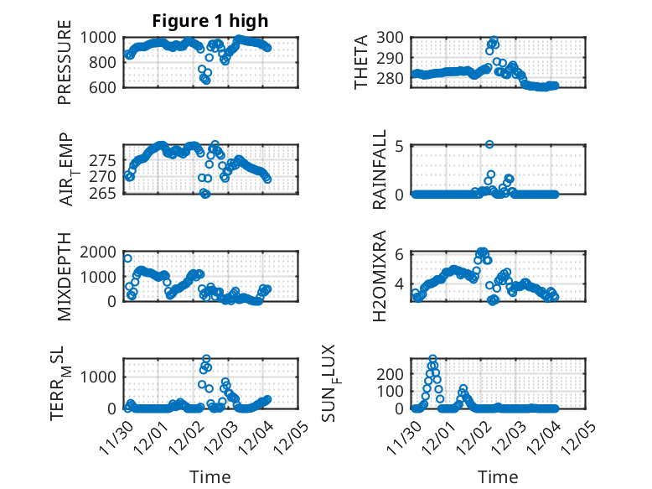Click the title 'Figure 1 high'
pyautogui.click(x=210, y=22)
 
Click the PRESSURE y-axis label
pyautogui.click(x=65, y=68)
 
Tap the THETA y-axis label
pyautogui.click(x=361, y=62)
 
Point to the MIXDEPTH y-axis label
pyautogui.click(x=65, y=277)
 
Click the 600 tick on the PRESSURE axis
pyautogui.click(x=105, y=86)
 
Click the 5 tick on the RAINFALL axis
pyautogui.click(x=400, y=146)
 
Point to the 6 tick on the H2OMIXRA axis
pyautogui.click(x=400, y=254)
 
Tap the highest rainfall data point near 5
pyautogui.click(x=489, y=144)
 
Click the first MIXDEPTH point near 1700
pyautogui.click(x=127, y=258)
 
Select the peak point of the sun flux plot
pyautogui.click(x=432, y=359)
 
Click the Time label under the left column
pyautogui.click(x=210, y=476)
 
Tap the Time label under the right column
pyautogui.click(x=498, y=476)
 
